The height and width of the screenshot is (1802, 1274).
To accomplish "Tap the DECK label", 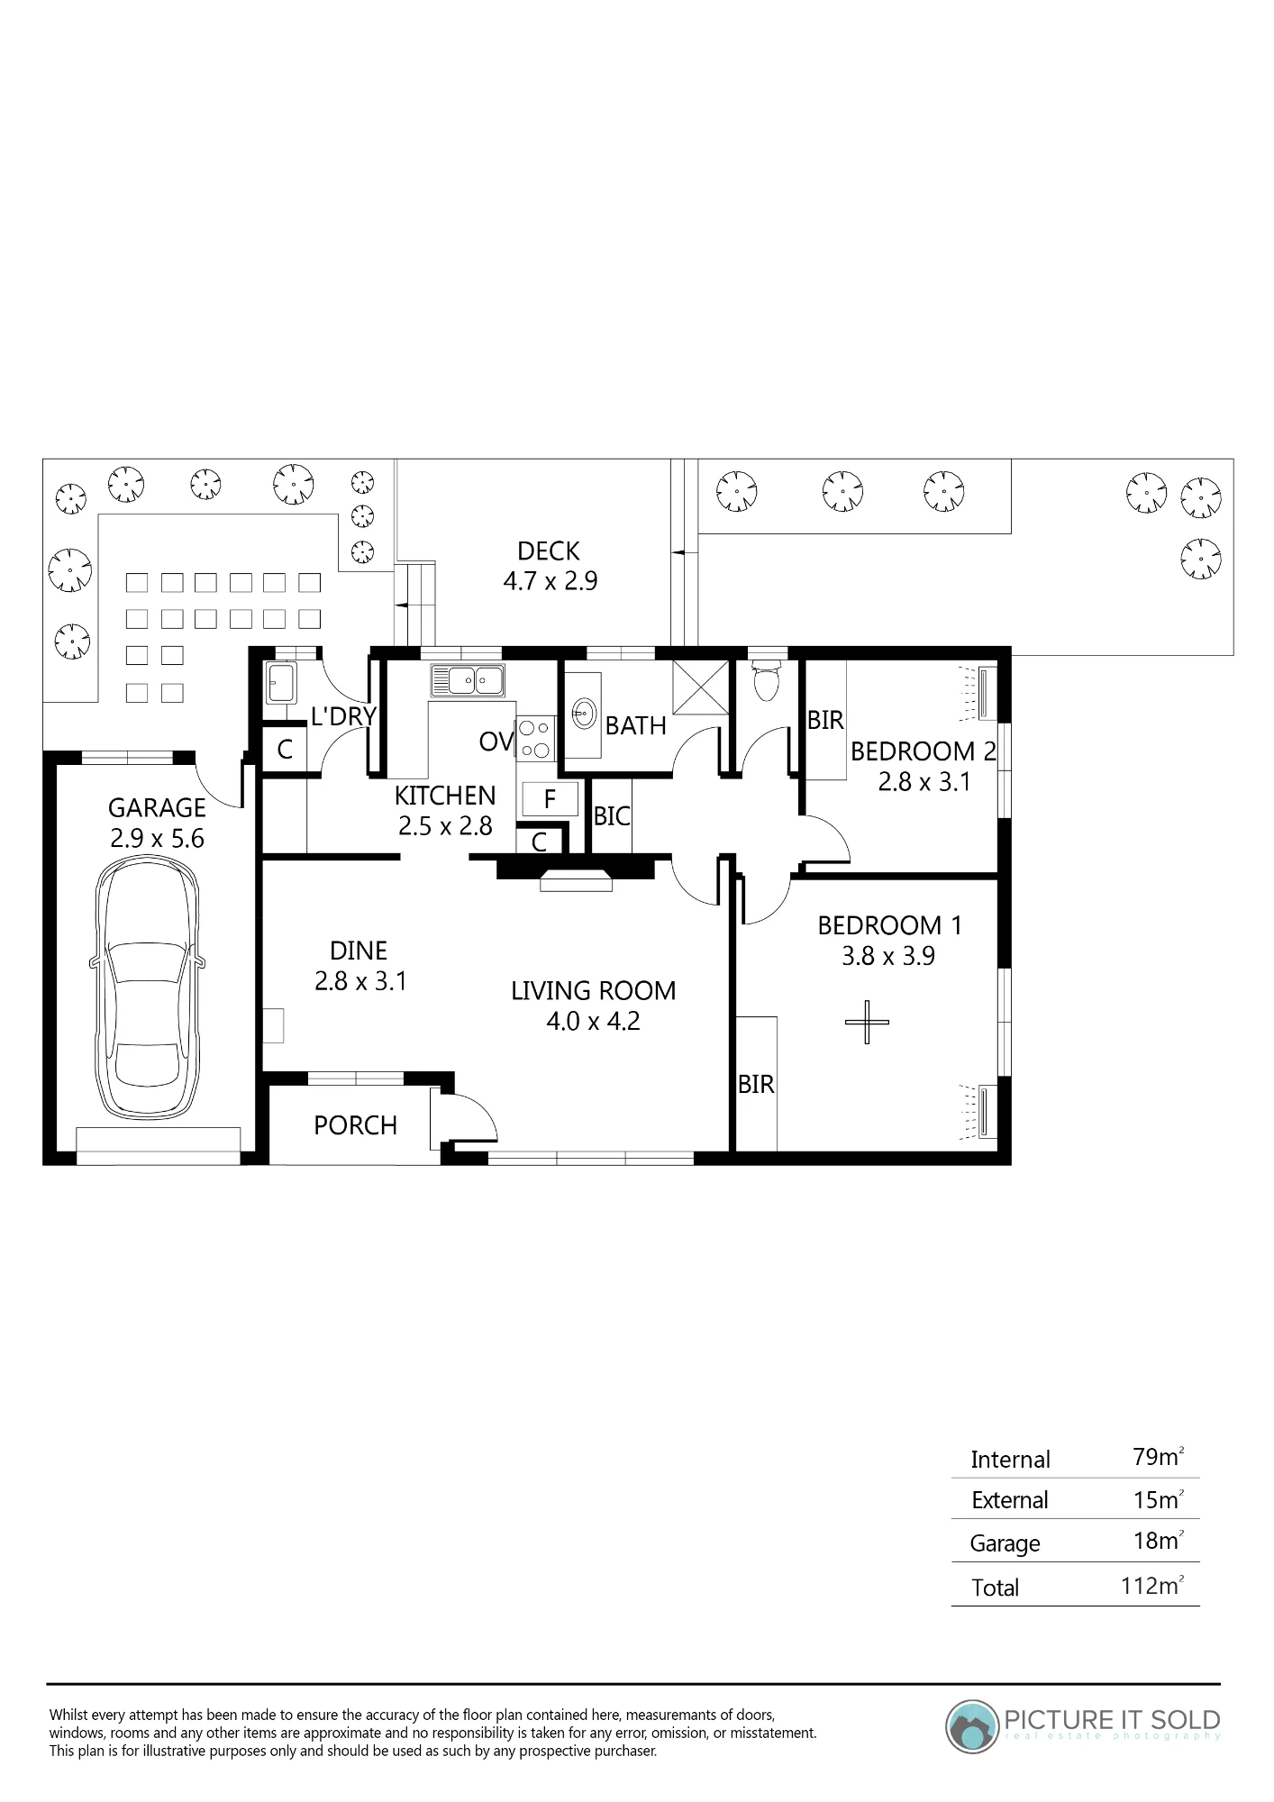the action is click(x=548, y=551).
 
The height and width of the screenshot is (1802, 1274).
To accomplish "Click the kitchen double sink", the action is click(x=467, y=680).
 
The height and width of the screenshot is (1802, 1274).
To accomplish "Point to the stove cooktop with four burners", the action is click(x=535, y=739).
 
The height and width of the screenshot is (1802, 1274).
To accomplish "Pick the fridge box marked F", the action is click(x=549, y=798).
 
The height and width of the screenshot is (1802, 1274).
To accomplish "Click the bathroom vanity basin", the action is click(x=584, y=715).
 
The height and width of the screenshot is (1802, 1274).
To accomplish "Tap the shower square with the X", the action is click(x=701, y=687).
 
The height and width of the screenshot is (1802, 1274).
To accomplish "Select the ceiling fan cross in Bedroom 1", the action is click(x=867, y=1022).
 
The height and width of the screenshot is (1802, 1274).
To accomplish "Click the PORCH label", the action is click(x=355, y=1125).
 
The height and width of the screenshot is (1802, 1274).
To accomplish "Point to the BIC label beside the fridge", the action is click(x=612, y=816).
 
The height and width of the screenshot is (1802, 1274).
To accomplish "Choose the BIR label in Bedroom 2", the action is click(x=825, y=721).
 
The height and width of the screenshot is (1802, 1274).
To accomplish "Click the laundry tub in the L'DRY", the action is click(x=281, y=683).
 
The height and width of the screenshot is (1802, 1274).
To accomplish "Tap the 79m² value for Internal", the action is click(x=1158, y=1457).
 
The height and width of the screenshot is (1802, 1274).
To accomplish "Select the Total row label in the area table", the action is click(x=995, y=1588).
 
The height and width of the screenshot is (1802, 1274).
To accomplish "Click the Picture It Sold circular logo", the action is click(x=972, y=1725).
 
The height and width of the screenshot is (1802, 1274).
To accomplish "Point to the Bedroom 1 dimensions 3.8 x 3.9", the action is click(x=888, y=956).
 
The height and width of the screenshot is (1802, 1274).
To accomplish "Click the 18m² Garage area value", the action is click(x=1158, y=1541).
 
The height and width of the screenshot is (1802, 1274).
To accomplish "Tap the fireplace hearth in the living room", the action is click(x=576, y=881).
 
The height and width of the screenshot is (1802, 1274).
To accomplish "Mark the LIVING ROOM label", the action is click(x=593, y=991).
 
